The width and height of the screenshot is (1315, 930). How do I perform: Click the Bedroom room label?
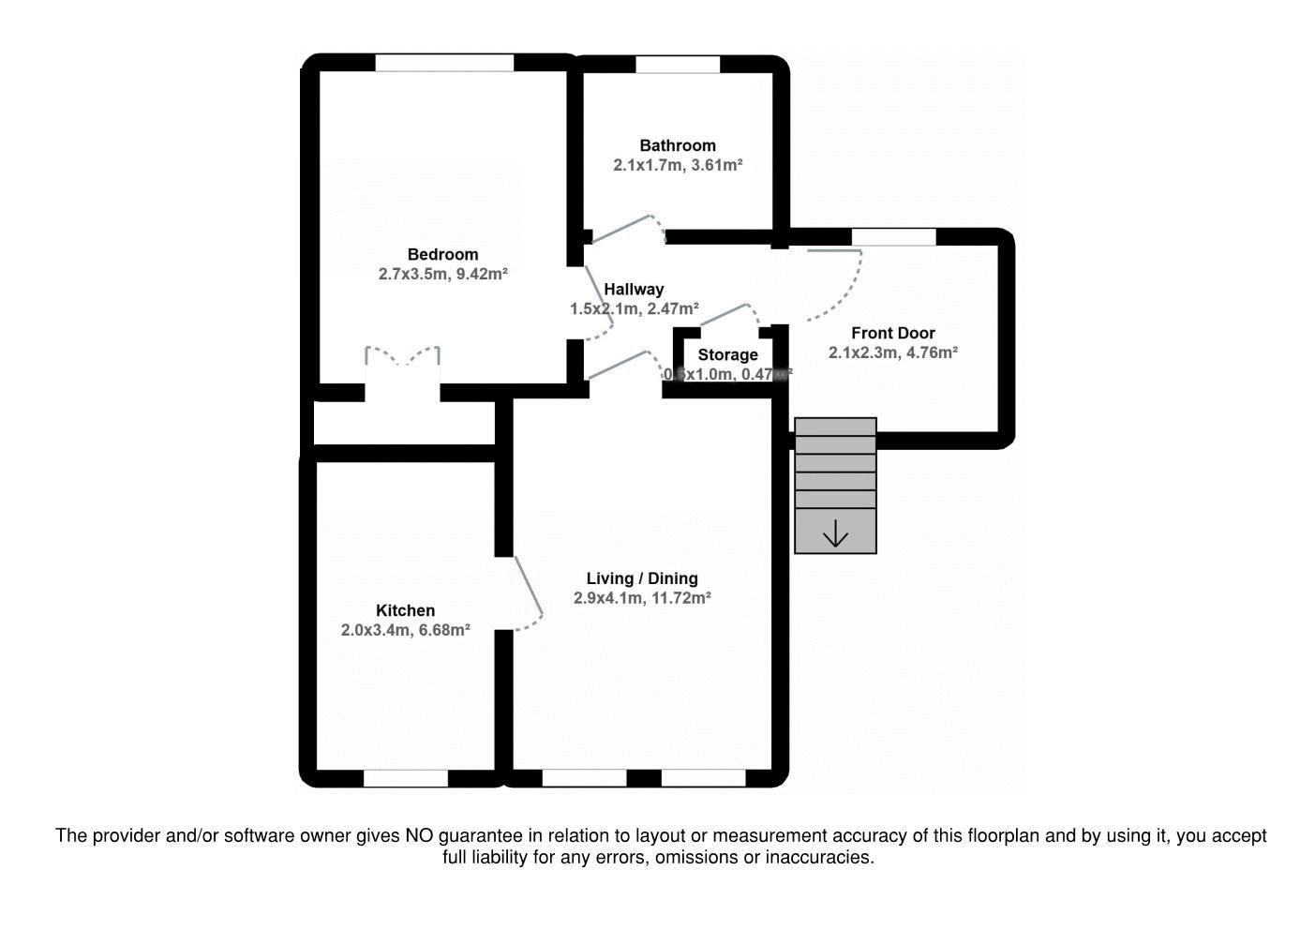(442, 254)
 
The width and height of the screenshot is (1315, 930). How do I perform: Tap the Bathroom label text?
(677, 145)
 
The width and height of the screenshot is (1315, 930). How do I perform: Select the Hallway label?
(634, 290)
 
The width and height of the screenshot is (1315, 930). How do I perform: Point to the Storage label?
(727, 354)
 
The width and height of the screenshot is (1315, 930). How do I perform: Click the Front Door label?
(892, 333)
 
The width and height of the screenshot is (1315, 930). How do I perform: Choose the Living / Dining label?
(642, 578)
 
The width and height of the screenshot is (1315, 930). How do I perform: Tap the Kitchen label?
(405, 610)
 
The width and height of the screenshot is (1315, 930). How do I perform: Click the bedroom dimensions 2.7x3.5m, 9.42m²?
(442, 275)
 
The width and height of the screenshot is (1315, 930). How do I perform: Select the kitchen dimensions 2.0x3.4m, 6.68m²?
(405, 631)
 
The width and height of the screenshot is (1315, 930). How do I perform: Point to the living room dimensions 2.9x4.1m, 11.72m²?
(642, 598)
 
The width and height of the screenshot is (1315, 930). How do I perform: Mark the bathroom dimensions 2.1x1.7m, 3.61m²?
(677, 165)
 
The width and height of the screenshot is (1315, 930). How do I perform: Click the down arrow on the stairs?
(835, 535)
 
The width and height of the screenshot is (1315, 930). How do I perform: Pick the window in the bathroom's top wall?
(678, 65)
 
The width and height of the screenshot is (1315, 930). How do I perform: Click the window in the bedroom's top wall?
(444, 63)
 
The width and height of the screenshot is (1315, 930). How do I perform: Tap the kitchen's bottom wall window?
(405, 778)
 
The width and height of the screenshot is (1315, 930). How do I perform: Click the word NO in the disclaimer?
(419, 835)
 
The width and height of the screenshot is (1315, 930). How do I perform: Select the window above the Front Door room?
(893, 237)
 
